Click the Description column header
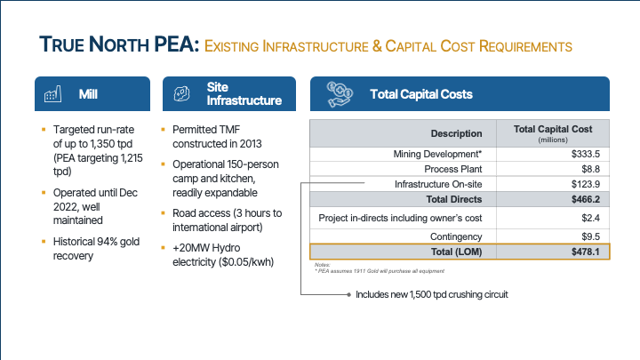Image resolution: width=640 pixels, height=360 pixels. click(456, 133)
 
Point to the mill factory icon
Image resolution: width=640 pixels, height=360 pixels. click(52, 93)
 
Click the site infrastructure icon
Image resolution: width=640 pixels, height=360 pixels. click(180, 93)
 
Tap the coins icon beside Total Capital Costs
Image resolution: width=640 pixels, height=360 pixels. click(340, 92)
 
